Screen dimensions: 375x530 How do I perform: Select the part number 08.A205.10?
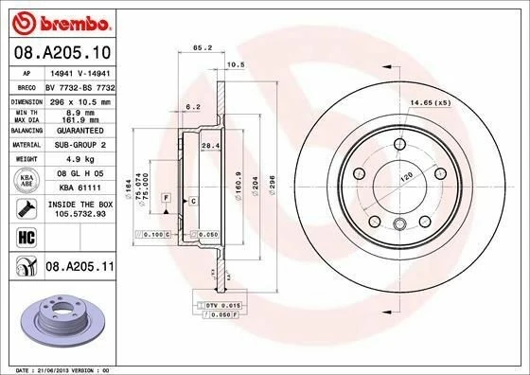point(61,52)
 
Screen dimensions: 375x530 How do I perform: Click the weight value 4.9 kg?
point(76,159)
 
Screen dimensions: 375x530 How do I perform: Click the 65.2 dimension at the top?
point(201,45)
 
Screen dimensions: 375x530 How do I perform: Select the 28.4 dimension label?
point(213,146)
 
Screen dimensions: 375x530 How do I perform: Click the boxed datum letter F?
point(166,197)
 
